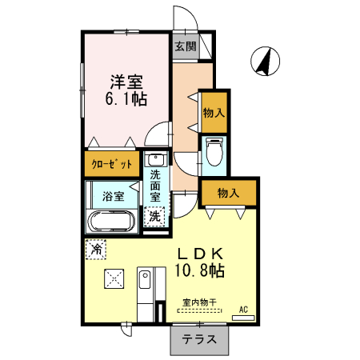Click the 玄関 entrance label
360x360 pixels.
[186, 46]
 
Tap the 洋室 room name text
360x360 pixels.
[126, 81]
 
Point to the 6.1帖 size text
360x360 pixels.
[126, 99]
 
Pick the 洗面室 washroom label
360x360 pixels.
[155, 185]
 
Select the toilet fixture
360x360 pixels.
[214, 152]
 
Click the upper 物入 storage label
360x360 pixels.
[214, 114]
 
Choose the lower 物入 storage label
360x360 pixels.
[229, 193]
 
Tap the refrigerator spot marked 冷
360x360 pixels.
[95, 250]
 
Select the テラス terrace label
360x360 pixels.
[199, 338]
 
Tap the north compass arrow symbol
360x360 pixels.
[263, 59]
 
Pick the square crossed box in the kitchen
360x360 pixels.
[114, 280]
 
